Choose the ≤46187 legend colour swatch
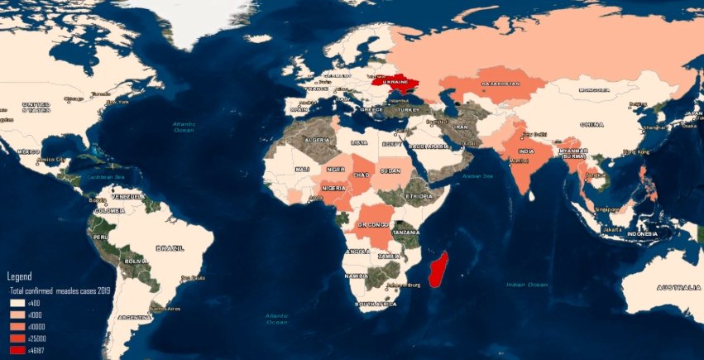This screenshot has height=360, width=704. click(x=17, y=351)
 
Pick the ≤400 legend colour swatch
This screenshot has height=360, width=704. click(x=17, y=304)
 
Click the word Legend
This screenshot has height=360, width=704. click(x=19, y=276)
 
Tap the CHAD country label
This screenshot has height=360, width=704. click(x=361, y=175)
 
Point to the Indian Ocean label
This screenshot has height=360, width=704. click(x=527, y=285)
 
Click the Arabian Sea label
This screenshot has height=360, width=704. click(x=477, y=175)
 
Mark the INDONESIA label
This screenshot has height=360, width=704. click(x=642, y=233)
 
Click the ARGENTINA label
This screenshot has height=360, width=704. click(x=134, y=318)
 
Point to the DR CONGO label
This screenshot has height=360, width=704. click(x=373, y=225)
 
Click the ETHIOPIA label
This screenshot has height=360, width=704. click(x=418, y=196)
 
